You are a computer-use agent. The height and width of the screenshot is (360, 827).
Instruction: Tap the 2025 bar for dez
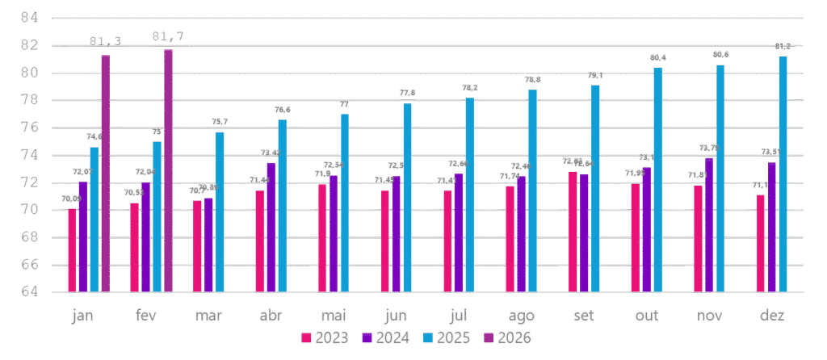pos(783,174)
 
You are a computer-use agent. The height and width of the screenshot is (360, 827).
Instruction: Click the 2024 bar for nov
pos(709,225)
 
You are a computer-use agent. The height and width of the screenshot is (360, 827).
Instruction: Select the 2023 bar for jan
pos(72,250)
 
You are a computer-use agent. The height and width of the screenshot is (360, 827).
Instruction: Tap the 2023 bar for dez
pos(761,243)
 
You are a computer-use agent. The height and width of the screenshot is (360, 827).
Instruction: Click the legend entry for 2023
pos(324,337)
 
